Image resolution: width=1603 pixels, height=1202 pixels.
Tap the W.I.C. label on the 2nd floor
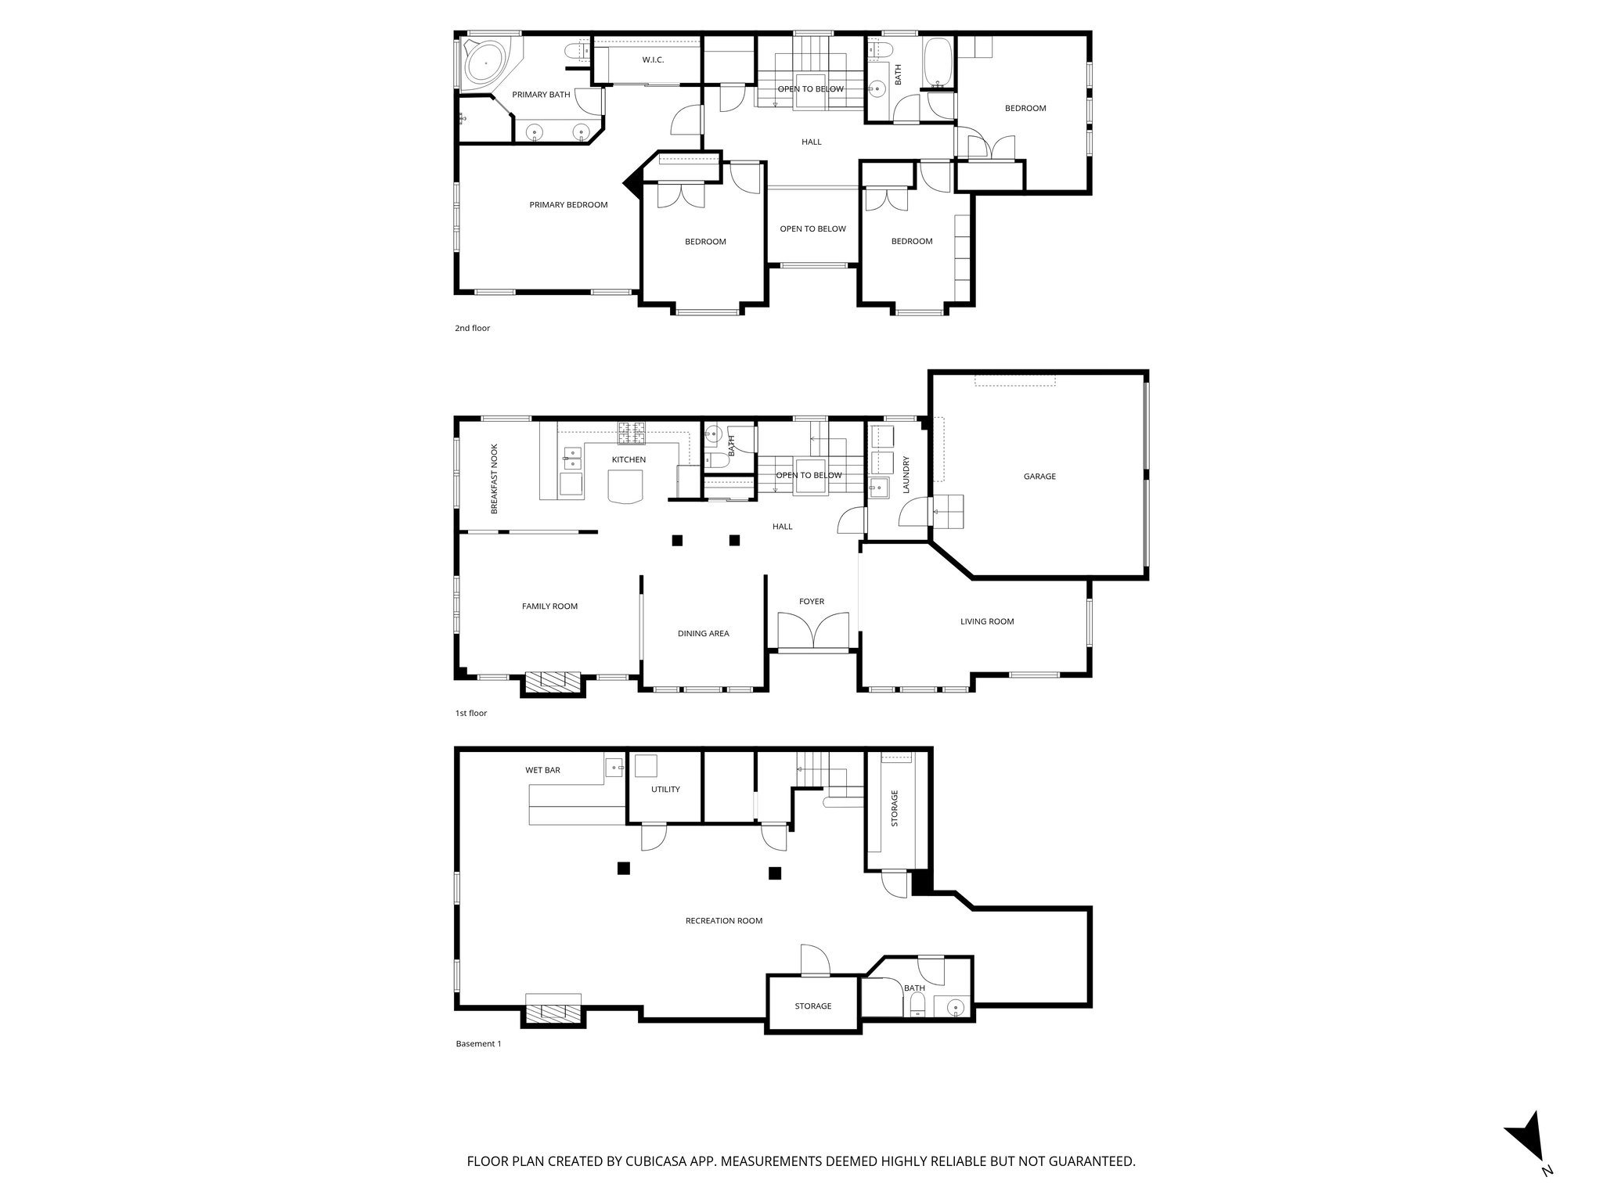pyautogui.click(x=653, y=59)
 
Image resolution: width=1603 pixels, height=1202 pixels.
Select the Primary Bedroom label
pyautogui.click(x=568, y=205)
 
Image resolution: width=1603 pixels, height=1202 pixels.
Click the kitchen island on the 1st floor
pyautogui.click(x=624, y=488)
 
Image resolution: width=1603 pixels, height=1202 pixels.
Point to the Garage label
pyautogui.click(x=1039, y=476)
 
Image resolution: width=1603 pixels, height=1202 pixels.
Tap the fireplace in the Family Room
pyautogui.click(x=553, y=682)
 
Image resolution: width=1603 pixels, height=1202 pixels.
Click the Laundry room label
pyautogui.click(x=906, y=475)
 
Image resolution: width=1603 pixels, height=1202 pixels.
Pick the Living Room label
pyautogui.click(x=987, y=621)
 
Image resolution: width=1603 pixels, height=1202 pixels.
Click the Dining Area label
pyautogui.click(x=703, y=633)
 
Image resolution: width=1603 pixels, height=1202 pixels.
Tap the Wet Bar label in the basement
pyautogui.click(x=542, y=770)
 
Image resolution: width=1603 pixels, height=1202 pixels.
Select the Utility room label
pyautogui.click(x=665, y=789)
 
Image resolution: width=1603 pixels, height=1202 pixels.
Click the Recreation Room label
pyautogui.click(x=723, y=920)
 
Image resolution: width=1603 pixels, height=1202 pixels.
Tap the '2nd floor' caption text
pyautogui.click(x=472, y=328)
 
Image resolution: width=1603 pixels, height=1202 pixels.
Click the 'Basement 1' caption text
pyautogui.click(x=477, y=1043)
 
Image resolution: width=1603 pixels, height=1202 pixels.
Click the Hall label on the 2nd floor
pyautogui.click(x=811, y=142)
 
